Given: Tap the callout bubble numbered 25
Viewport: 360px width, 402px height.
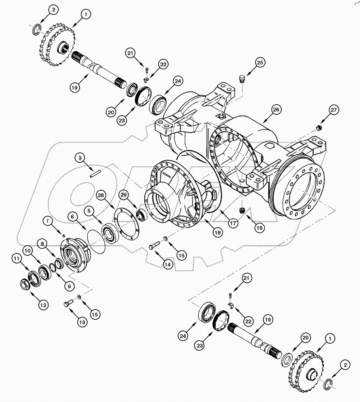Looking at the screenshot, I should tap(260, 62).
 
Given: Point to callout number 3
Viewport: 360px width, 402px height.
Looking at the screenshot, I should tap(80, 157).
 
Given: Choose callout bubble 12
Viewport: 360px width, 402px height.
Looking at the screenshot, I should tap(43, 305).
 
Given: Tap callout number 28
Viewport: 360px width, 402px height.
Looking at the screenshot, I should tap(101, 196).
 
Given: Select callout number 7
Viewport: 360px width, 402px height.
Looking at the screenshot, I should tap(47, 220).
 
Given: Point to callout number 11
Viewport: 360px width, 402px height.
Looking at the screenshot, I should tap(17, 258).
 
